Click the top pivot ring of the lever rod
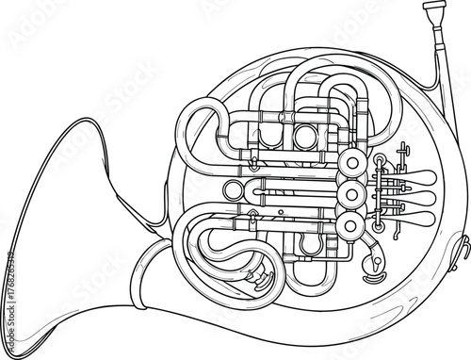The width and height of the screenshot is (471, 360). [378, 171]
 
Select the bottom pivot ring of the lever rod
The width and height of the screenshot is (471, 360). [378, 226]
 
